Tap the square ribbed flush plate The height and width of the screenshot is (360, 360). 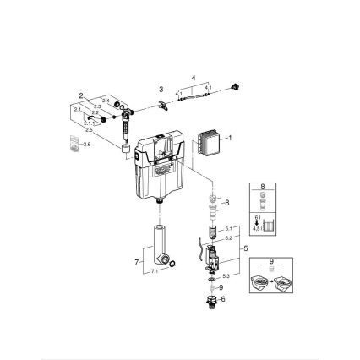[x=210, y=140]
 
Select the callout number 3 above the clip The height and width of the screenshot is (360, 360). [x=161, y=88]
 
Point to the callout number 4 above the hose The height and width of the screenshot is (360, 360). [x=193, y=78]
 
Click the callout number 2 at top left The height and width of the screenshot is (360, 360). [x=81, y=95]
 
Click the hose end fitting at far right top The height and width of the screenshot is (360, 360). [x=245, y=88]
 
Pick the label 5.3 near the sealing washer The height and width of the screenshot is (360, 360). [x=225, y=275]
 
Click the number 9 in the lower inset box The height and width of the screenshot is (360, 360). [x=270, y=263]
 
